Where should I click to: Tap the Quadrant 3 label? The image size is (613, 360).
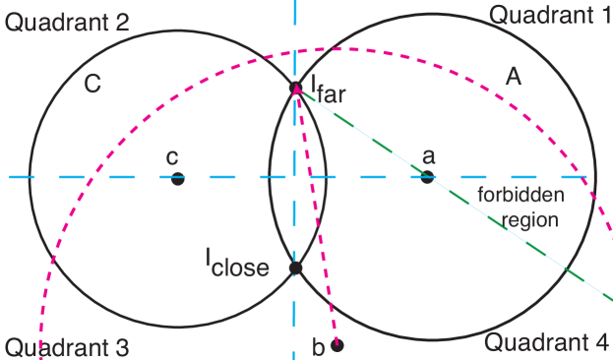click(66, 347)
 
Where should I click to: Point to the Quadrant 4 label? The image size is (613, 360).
click(547, 342)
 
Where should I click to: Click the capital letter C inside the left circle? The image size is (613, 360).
click(92, 85)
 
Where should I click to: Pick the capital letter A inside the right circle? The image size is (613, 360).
click(512, 78)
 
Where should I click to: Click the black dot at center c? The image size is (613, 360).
click(177, 178)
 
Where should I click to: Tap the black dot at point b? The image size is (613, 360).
click(337, 344)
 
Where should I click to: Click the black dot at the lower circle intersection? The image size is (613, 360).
click(295, 268)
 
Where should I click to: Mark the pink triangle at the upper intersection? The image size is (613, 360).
click(296, 90)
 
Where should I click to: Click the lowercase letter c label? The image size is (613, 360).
click(172, 156)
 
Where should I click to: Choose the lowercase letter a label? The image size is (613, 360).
click(428, 156)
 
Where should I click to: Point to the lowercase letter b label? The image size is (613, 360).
click(318, 346)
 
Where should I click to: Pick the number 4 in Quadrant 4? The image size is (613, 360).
click(602, 342)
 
